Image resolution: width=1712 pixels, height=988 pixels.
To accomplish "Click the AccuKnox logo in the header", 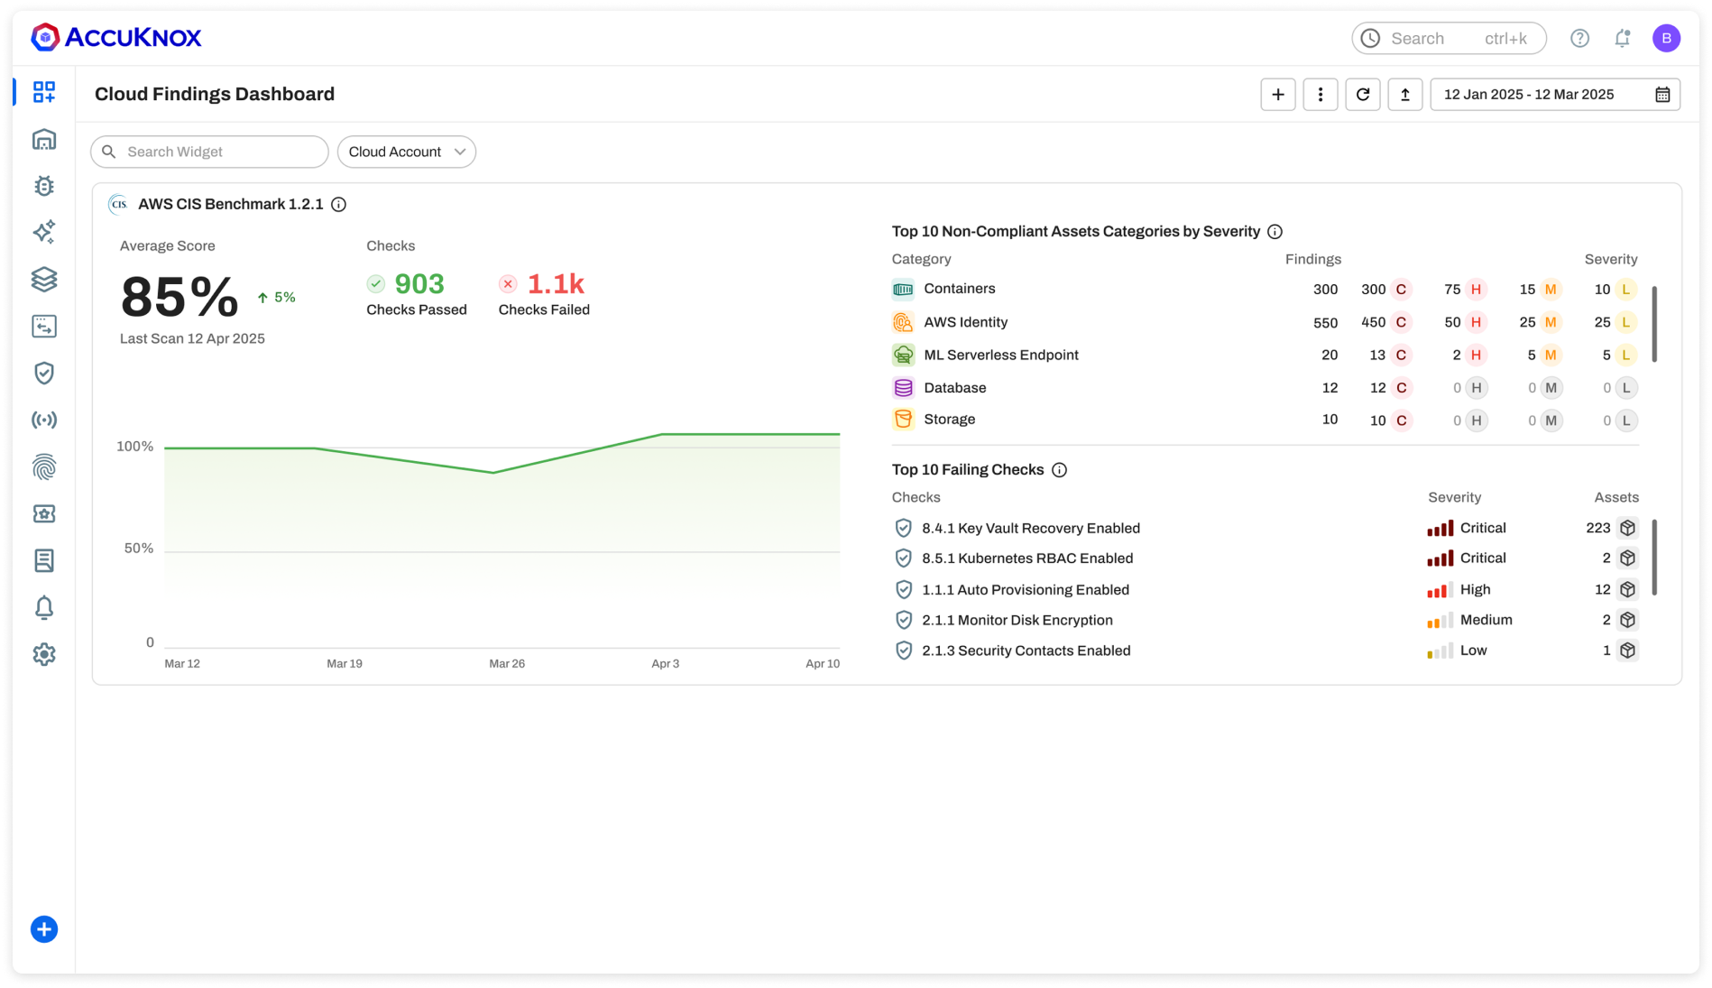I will pos(116,37).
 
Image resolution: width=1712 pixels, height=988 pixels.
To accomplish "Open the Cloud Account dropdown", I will pos(407,152).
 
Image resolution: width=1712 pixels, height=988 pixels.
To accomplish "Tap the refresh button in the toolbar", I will pos(1362,94).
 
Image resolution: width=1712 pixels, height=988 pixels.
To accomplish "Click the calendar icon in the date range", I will pos(1662,95).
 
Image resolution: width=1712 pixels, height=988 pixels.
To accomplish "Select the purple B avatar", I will pos(1665,38).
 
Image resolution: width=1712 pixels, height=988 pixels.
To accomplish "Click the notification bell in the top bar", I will pos(1622,38).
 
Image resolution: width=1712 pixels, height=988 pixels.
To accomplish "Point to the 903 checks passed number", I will pos(419,284).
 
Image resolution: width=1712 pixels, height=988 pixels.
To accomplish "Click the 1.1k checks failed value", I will pos(556,284).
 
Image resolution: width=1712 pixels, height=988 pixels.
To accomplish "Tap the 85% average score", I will pos(179,297).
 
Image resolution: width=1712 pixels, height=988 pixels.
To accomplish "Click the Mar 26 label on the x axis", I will pos(507,663).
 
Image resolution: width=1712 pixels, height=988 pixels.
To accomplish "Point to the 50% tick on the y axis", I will pos(139,548).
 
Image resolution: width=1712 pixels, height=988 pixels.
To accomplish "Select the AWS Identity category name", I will pos(965,322).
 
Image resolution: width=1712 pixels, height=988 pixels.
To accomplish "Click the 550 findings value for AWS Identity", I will pos(1325,322).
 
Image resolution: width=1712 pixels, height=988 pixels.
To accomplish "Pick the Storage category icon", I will pos(903,420).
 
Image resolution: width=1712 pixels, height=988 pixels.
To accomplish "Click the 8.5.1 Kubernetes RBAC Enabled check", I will pos(1026,559).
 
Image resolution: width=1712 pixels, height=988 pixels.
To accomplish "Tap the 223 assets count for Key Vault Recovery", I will pos(1597,528).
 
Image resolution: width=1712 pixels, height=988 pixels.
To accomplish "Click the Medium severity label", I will pos(1486,620).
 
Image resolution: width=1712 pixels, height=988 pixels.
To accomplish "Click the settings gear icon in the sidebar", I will pos(44,654).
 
